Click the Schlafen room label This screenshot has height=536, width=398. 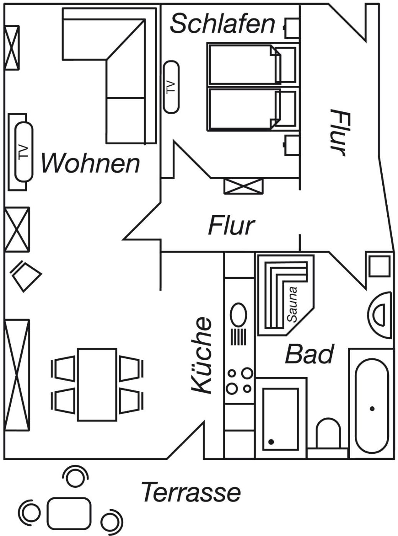pyautogui.click(x=222, y=24)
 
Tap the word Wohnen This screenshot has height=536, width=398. pyautogui.click(x=90, y=163)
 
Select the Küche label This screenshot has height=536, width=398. pyautogui.click(x=202, y=355)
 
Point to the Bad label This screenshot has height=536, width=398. pyautogui.click(x=310, y=354)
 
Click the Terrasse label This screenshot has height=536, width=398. pyautogui.click(x=191, y=492)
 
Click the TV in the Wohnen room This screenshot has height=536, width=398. pyautogui.click(x=24, y=152)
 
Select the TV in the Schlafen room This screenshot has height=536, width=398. pyautogui.click(x=171, y=87)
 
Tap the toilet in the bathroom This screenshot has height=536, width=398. pyautogui.click(x=328, y=433)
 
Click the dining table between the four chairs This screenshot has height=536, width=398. pyautogui.click(x=97, y=384)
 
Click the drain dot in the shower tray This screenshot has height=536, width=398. pyautogui.click(x=271, y=442)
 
